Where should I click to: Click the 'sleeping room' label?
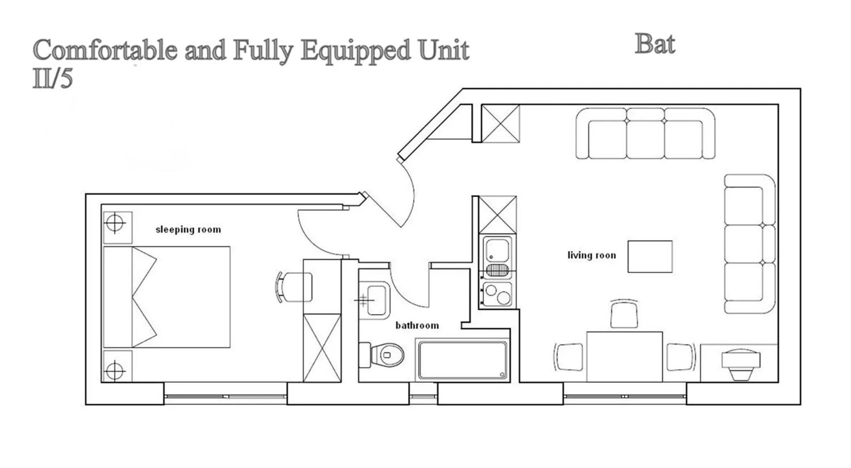188,230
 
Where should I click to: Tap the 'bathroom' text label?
417,326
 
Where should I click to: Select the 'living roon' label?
592,255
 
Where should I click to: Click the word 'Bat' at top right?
655,44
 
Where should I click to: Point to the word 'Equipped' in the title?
355,50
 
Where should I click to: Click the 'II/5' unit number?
52,79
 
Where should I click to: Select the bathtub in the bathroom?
463,360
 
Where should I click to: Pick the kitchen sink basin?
497,251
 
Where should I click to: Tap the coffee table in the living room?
650,257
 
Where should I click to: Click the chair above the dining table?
624,315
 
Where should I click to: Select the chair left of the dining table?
569,357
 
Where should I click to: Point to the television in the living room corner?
741,363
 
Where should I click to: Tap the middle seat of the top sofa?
645,135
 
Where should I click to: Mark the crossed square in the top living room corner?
500,124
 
